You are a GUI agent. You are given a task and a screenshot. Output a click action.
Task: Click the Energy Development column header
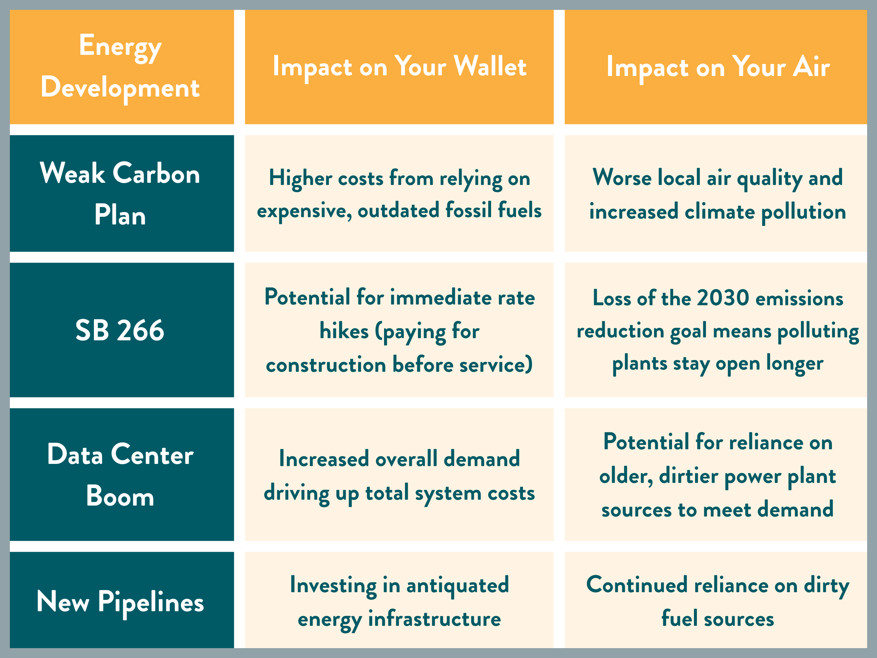click(120, 66)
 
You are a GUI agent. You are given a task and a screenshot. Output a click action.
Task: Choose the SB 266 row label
click(120, 330)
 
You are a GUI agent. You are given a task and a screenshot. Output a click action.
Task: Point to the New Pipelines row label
click(120, 602)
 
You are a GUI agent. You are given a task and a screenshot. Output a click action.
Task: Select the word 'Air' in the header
click(811, 66)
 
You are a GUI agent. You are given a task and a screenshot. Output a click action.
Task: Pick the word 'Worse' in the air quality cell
click(622, 177)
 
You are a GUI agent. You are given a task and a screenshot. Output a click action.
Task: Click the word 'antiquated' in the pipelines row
click(458, 585)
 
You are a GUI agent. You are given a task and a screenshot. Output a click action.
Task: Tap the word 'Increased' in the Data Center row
click(324, 459)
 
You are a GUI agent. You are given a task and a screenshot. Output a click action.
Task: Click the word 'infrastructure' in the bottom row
click(434, 619)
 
